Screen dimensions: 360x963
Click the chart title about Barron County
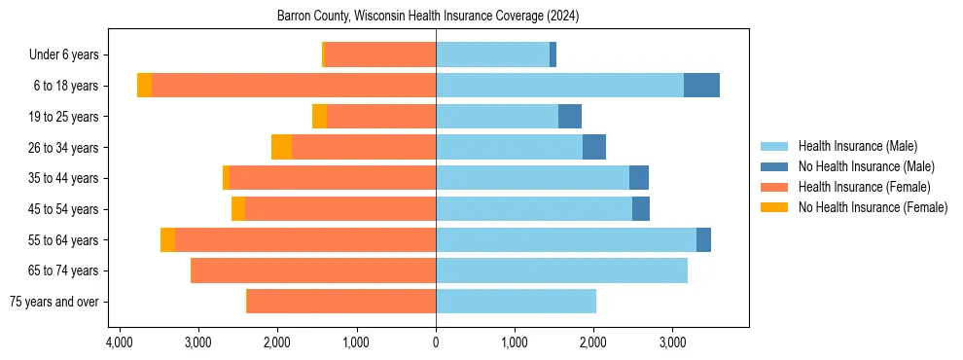pos(435,17)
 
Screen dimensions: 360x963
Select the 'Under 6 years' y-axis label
pos(69,55)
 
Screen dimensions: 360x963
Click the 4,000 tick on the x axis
pos(119,343)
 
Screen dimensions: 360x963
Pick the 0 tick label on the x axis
pos(436,343)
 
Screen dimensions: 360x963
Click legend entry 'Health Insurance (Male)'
pos(857,147)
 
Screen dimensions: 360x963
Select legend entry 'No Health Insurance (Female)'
pos(873,207)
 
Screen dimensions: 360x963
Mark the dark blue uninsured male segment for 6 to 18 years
pos(701,86)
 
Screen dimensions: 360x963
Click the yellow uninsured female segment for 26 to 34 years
pos(281,148)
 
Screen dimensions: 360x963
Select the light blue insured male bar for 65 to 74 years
pos(561,270)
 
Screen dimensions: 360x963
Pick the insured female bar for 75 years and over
pos(341,302)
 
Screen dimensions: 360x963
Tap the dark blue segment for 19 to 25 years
pos(570,117)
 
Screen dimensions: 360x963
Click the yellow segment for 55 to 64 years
pos(167,240)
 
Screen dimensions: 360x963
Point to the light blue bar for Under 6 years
pos(492,55)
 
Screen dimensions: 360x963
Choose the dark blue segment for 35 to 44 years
pos(638,178)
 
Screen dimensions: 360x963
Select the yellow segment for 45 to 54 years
pos(238,209)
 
